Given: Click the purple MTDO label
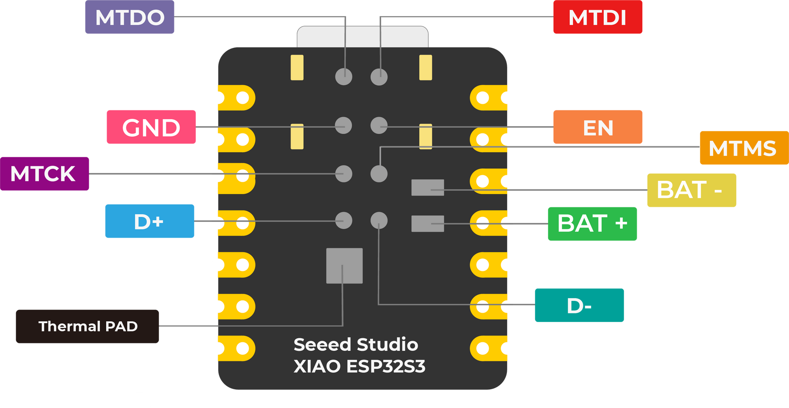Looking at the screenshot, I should [x=129, y=17].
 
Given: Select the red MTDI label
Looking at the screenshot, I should [x=597, y=17].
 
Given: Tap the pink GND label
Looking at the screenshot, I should [x=151, y=127].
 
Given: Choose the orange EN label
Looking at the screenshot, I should [x=598, y=127].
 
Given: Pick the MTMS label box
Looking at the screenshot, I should [x=743, y=148].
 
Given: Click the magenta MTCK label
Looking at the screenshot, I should [x=45, y=174].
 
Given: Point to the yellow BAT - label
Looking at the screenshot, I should [x=691, y=190].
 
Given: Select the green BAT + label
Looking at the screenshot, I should [x=592, y=223].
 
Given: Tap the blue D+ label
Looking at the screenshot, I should [x=150, y=221].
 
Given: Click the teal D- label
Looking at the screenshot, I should [x=579, y=305].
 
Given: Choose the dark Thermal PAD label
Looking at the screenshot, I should [x=88, y=326].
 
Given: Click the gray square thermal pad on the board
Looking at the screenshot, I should [x=344, y=266].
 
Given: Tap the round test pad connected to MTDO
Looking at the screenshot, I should [x=344, y=77].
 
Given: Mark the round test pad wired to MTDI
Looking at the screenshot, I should [x=379, y=77].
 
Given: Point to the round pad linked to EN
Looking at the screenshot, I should [x=379, y=125].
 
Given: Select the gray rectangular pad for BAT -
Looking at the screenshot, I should [x=427, y=187].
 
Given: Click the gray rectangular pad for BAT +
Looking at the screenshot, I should [x=427, y=223].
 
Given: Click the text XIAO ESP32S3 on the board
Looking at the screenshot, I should [x=359, y=366].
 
